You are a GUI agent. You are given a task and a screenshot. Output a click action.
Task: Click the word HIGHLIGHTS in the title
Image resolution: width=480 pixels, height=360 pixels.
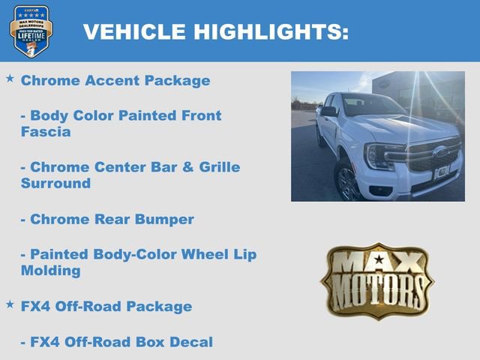(271, 31)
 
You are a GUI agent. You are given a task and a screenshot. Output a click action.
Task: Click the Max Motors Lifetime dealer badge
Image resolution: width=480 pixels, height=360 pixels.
(31, 31)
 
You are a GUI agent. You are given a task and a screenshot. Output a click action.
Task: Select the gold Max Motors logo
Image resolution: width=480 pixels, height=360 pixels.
(377, 280)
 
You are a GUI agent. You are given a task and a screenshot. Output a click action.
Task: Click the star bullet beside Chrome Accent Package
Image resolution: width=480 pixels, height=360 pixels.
(10, 78)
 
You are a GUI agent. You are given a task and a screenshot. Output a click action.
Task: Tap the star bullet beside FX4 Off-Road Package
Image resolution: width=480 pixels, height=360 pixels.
(10, 304)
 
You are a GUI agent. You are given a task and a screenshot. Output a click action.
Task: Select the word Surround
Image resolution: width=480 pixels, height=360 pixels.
(55, 183)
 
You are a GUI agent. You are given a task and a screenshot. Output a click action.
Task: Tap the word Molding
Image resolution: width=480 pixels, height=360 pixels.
(50, 271)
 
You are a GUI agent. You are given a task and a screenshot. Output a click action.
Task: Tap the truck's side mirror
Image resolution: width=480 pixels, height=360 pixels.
(328, 112)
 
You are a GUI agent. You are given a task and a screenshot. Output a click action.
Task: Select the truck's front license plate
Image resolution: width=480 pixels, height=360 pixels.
(442, 172)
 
